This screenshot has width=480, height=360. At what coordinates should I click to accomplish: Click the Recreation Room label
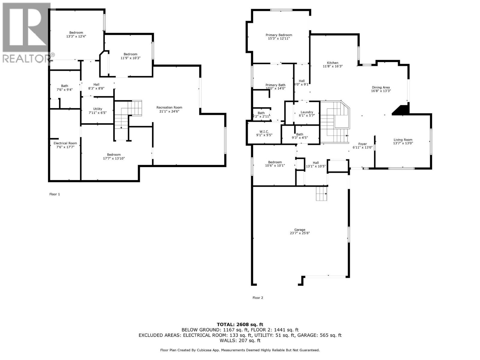(169, 107)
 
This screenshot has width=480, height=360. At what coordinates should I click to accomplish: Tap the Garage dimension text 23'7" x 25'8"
(300, 233)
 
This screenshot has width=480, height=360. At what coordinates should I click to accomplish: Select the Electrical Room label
(65, 143)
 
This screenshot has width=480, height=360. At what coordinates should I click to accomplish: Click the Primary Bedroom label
(279, 35)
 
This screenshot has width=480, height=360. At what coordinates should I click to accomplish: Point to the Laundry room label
(307, 112)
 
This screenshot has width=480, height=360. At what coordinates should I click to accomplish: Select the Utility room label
(97, 109)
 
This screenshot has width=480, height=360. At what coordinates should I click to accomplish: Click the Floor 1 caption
(55, 194)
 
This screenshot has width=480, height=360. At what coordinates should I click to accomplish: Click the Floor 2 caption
(258, 298)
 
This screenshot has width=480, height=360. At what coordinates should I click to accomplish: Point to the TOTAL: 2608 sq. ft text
(240, 324)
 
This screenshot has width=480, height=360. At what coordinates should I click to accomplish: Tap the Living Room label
(403, 139)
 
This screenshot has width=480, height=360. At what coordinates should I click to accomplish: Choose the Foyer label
(362, 144)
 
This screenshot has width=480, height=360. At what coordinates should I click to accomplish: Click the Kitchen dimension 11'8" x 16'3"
(332, 66)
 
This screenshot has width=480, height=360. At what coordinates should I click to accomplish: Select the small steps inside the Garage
(321, 193)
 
